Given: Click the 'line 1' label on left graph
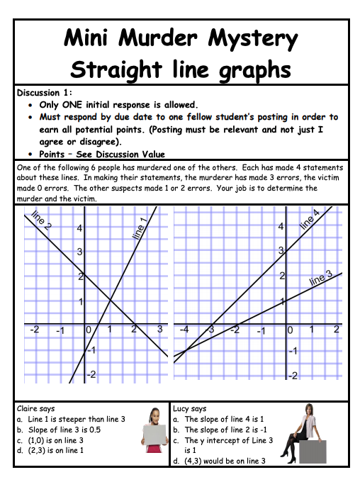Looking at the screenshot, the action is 139,230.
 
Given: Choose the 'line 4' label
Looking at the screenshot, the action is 310,220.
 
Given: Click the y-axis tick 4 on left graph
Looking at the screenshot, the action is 80,229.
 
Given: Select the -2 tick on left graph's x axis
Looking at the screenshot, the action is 33,330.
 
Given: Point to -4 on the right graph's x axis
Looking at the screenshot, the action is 184,330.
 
